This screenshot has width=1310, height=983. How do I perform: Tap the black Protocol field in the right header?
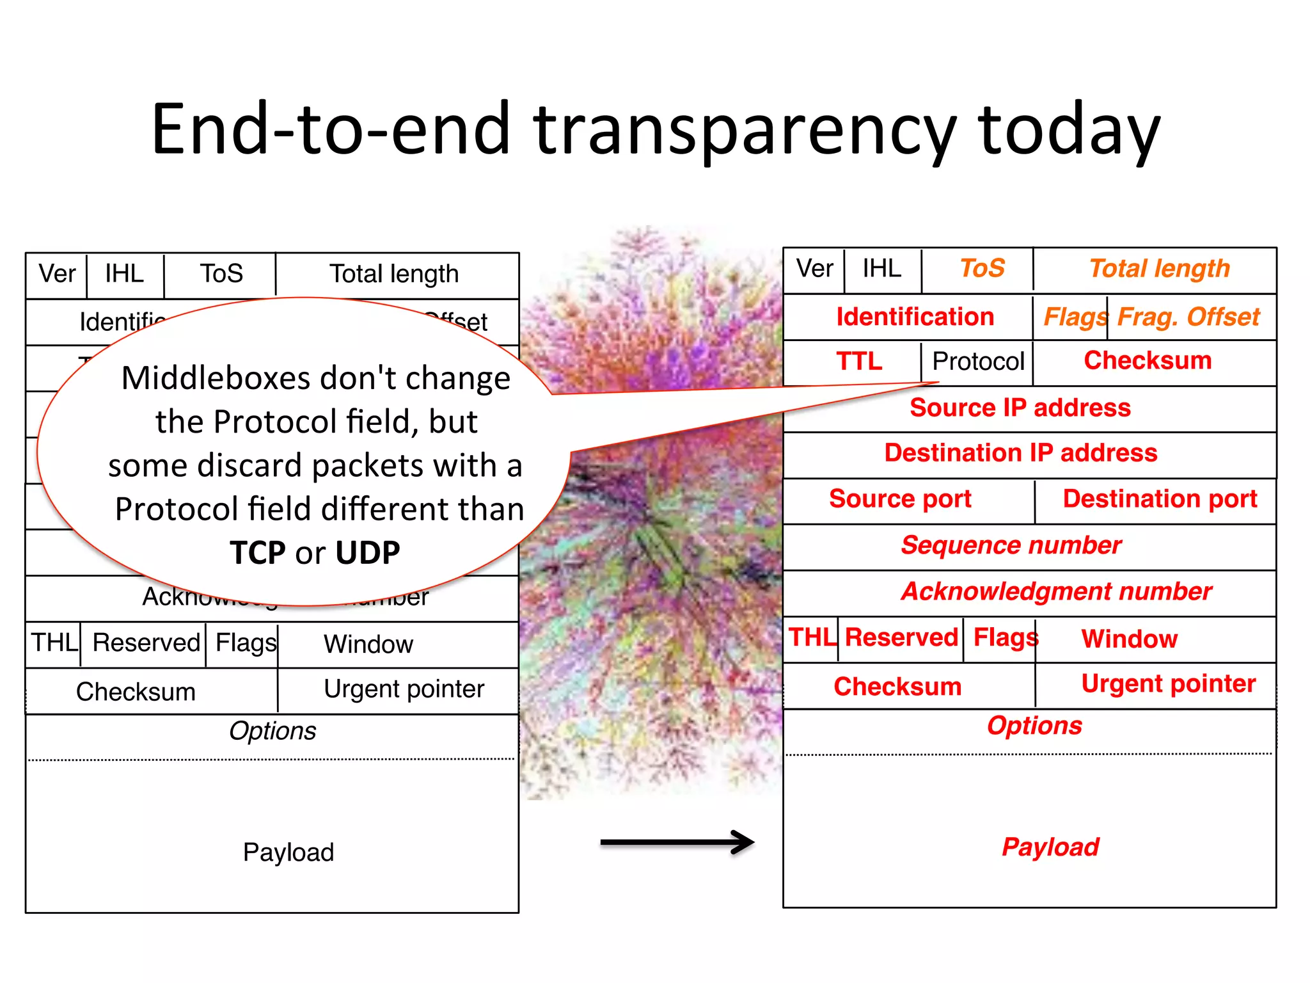978,362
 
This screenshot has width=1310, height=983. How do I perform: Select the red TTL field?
859,362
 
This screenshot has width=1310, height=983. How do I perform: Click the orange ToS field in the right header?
982,268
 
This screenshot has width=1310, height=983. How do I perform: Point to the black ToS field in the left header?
221,274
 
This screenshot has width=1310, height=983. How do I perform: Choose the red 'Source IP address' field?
1020,408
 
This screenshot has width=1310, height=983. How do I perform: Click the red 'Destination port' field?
1159,499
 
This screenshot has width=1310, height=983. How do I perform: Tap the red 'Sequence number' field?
1011,545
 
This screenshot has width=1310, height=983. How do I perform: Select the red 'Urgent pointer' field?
1168,683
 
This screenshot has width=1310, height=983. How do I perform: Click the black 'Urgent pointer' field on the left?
404,689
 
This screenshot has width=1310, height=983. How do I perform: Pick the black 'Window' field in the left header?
368,644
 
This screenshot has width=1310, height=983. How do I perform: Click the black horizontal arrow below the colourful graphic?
677,842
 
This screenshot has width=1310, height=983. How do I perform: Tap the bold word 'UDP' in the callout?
368,553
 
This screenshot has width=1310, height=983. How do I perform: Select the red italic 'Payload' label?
1050,847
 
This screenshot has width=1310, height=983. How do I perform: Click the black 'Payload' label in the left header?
288,852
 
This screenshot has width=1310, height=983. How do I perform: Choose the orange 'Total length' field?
1159,268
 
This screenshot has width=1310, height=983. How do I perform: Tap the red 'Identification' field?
915,317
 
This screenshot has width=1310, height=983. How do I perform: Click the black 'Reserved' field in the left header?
146,643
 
